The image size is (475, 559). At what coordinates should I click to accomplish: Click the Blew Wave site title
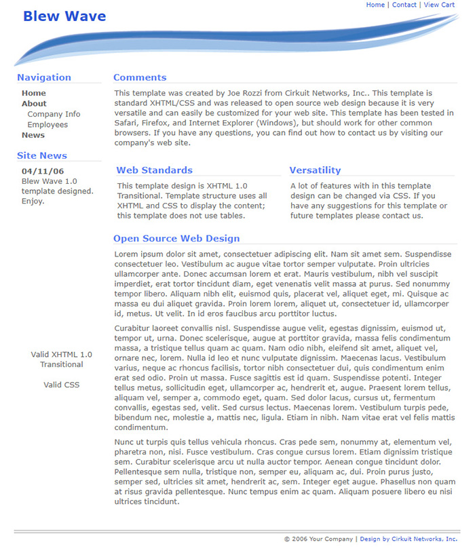click(64, 16)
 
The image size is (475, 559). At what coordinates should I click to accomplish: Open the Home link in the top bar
click(375, 5)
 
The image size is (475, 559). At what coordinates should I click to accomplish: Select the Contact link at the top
click(404, 5)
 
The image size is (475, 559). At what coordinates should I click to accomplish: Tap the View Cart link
click(439, 5)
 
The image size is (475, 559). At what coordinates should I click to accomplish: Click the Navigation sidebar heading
click(44, 77)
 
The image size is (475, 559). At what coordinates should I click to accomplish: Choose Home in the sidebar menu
click(34, 94)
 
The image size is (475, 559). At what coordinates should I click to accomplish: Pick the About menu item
click(34, 104)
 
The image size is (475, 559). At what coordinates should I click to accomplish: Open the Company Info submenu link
click(54, 115)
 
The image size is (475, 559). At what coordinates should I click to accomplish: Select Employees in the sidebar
click(47, 125)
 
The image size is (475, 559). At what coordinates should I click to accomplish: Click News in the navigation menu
click(33, 135)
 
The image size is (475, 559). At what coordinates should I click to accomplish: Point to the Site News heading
click(42, 156)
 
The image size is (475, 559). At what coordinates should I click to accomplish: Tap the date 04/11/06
click(43, 172)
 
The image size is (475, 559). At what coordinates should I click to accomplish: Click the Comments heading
click(140, 77)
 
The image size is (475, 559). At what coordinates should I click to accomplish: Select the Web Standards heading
click(154, 170)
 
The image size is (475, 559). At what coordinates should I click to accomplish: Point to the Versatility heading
click(315, 170)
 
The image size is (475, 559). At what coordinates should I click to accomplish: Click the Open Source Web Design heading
click(176, 239)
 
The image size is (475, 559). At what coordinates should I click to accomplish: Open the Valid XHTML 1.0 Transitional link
click(62, 360)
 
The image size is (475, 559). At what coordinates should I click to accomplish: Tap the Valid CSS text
click(62, 385)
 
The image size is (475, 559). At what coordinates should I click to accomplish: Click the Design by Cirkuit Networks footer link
click(408, 539)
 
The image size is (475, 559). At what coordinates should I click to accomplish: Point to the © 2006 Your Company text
click(318, 539)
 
